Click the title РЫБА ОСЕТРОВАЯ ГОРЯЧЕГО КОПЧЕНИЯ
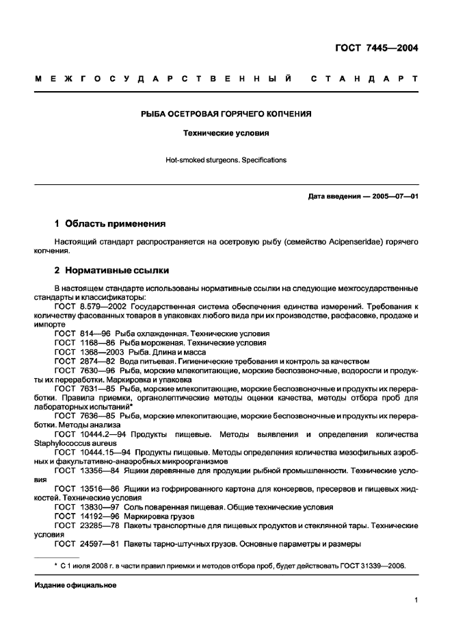[x=226, y=114]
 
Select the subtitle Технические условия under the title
[x=226, y=134]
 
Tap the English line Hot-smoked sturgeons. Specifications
[x=226, y=160]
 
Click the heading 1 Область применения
[x=109, y=223]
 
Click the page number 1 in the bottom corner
[x=416, y=600]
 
